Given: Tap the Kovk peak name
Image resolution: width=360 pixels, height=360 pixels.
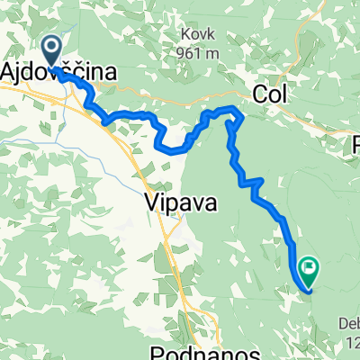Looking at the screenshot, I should tap(195, 36).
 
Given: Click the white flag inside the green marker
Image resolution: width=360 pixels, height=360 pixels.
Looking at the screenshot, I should tap(310, 266).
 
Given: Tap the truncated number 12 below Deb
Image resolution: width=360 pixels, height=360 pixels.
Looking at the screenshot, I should tap(350, 342).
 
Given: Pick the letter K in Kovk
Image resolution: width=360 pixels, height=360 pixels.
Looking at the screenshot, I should tap(183, 36).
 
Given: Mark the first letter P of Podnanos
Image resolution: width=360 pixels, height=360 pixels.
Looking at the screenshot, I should tap(152, 351).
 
